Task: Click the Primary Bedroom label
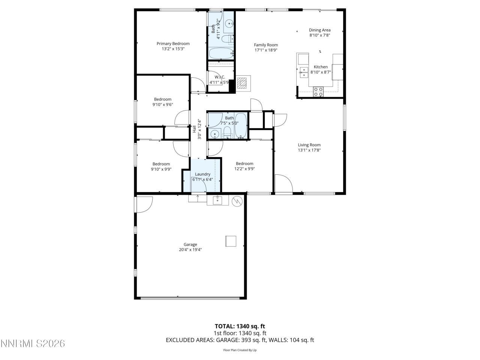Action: click(x=173, y=43)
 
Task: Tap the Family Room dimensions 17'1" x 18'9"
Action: click(x=266, y=50)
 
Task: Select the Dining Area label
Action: click(x=319, y=30)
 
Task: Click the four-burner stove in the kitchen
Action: click(x=318, y=92)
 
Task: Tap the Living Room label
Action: click(x=309, y=145)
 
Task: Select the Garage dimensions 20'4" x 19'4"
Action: click(x=190, y=250)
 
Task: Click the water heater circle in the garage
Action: click(x=237, y=201)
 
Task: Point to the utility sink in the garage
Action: click(x=217, y=200)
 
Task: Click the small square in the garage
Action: click(x=231, y=241)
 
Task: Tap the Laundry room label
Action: click(x=202, y=174)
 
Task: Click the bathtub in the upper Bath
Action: click(x=221, y=53)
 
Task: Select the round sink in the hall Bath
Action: click(x=215, y=133)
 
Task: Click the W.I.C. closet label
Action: click(x=219, y=77)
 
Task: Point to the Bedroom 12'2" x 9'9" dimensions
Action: click(x=244, y=169)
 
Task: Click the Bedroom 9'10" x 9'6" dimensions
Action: click(x=162, y=105)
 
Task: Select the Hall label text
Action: click(x=194, y=129)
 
